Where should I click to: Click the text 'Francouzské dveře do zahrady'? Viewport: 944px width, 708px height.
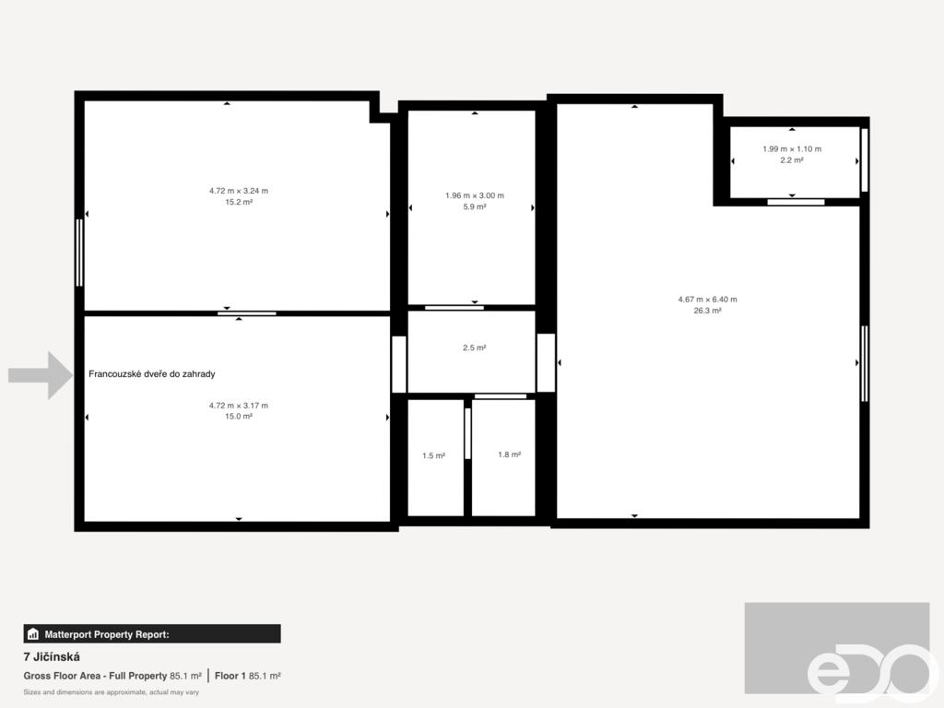152,374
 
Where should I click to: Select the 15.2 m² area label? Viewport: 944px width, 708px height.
239,202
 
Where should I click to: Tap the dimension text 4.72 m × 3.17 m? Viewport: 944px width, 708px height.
239,406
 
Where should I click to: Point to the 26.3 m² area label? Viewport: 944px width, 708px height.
707,311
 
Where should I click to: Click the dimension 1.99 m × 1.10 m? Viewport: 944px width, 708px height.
792,148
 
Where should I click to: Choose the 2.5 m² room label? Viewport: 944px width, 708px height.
475,348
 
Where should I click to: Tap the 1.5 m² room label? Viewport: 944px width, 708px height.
433,455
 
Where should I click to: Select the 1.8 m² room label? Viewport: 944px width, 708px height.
509,454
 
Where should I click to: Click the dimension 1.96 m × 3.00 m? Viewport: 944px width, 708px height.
475,195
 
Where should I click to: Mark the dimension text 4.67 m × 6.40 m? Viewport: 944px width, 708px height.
707,300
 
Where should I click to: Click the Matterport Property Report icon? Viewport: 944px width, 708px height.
33,634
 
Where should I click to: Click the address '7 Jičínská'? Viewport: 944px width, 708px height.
52,656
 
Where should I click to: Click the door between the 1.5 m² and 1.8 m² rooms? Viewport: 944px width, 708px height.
467,433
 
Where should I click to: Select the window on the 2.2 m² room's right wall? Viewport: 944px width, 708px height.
865,160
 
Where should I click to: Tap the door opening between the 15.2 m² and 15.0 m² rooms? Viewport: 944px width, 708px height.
247,313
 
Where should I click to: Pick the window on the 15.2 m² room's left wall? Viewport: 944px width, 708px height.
79,253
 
